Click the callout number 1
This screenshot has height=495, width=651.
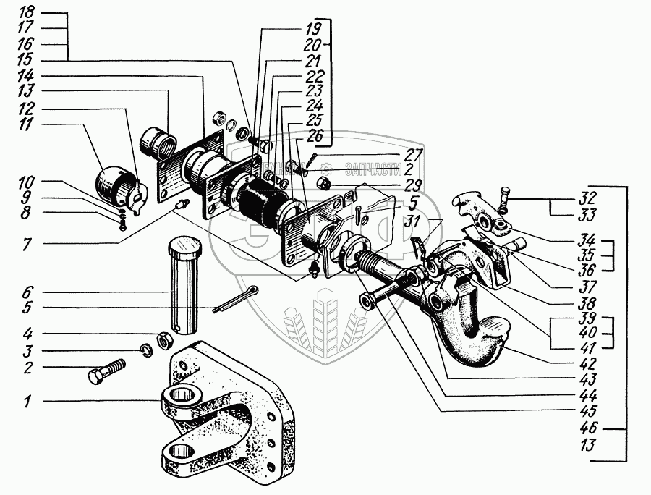pos(27,402)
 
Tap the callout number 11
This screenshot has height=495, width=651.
pos(27,126)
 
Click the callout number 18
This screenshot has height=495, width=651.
pos(27,13)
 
